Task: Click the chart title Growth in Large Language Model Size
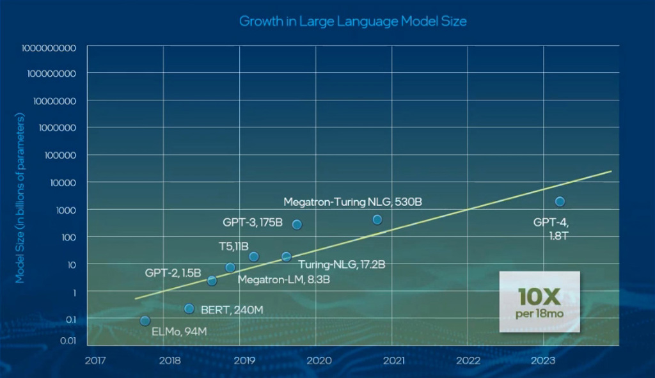(x=352, y=21)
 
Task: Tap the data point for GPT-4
(x=560, y=201)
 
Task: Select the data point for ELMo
(x=145, y=320)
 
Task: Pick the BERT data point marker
(x=189, y=309)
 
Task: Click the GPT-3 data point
(x=297, y=224)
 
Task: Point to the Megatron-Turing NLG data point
(x=377, y=219)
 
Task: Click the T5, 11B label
(x=233, y=246)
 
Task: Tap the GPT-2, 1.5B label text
(x=173, y=272)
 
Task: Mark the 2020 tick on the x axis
(x=319, y=360)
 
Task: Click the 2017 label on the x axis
(x=95, y=360)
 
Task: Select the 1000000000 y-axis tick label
(x=49, y=47)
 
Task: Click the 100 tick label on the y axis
(x=69, y=237)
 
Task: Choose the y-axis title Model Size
(x=20, y=198)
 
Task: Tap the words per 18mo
(x=539, y=314)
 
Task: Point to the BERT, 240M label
(x=232, y=310)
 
